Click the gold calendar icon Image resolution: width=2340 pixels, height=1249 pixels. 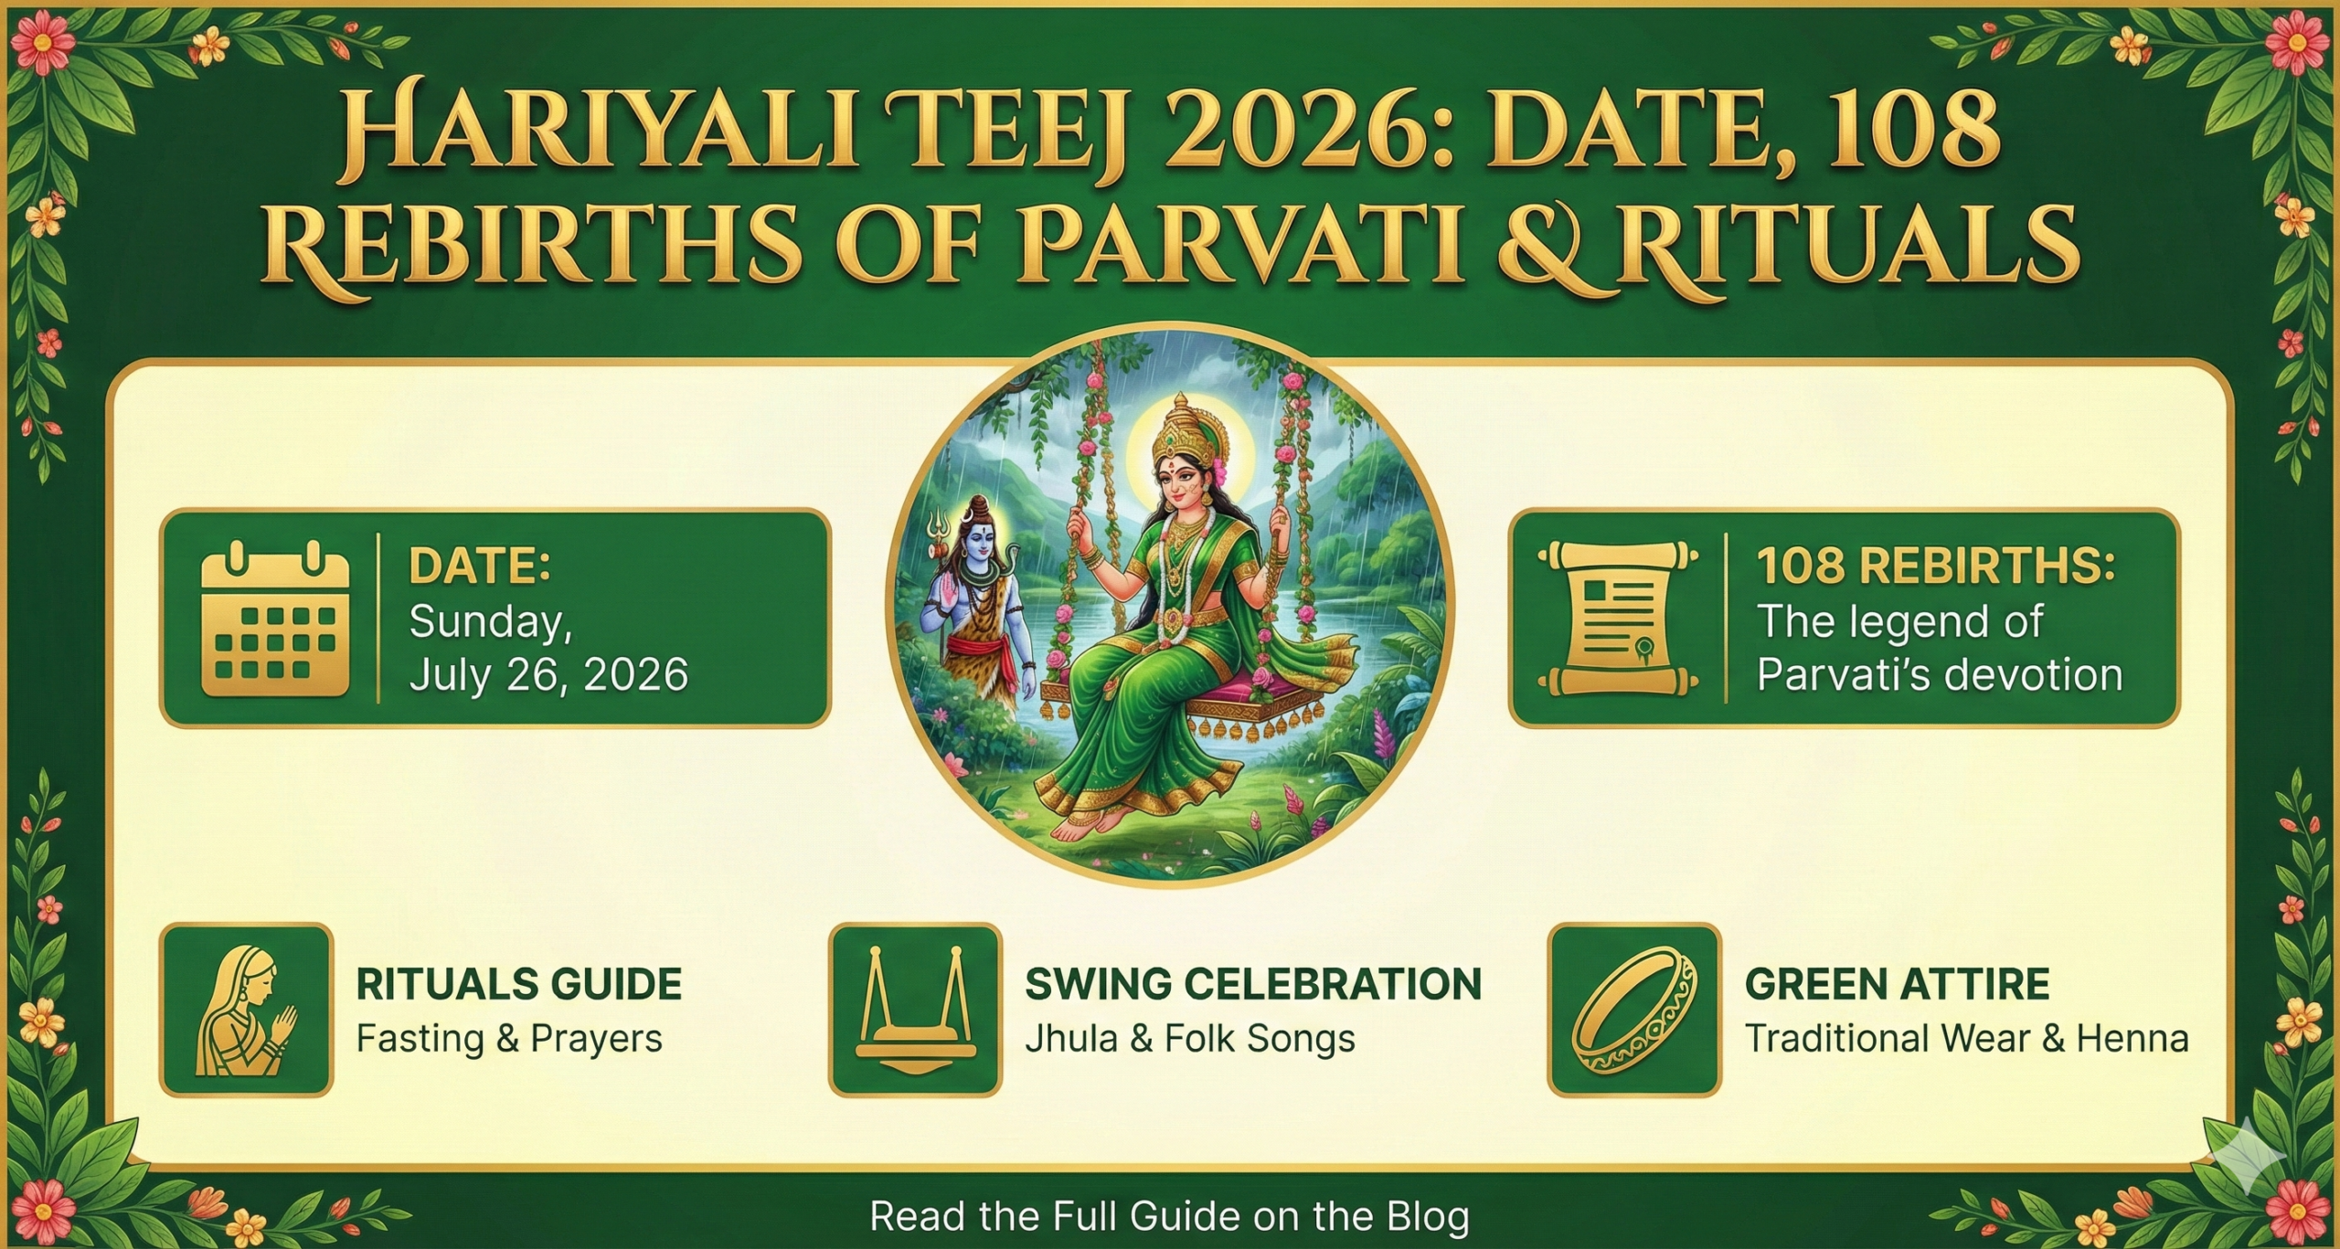(x=274, y=619)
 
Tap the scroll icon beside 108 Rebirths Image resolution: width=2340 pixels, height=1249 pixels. (x=1618, y=619)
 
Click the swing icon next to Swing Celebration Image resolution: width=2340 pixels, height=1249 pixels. (x=915, y=1010)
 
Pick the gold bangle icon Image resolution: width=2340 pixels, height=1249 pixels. (x=1633, y=1010)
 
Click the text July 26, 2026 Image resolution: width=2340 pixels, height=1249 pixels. (x=548, y=675)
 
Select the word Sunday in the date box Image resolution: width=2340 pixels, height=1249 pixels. (x=489, y=622)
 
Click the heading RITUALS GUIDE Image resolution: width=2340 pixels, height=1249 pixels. (x=518, y=984)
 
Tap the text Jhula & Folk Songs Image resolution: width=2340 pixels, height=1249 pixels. (x=1189, y=1039)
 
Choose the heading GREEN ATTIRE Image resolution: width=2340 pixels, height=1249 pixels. (x=1897, y=984)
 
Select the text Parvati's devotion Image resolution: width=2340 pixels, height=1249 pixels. (x=1940, y=675)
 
